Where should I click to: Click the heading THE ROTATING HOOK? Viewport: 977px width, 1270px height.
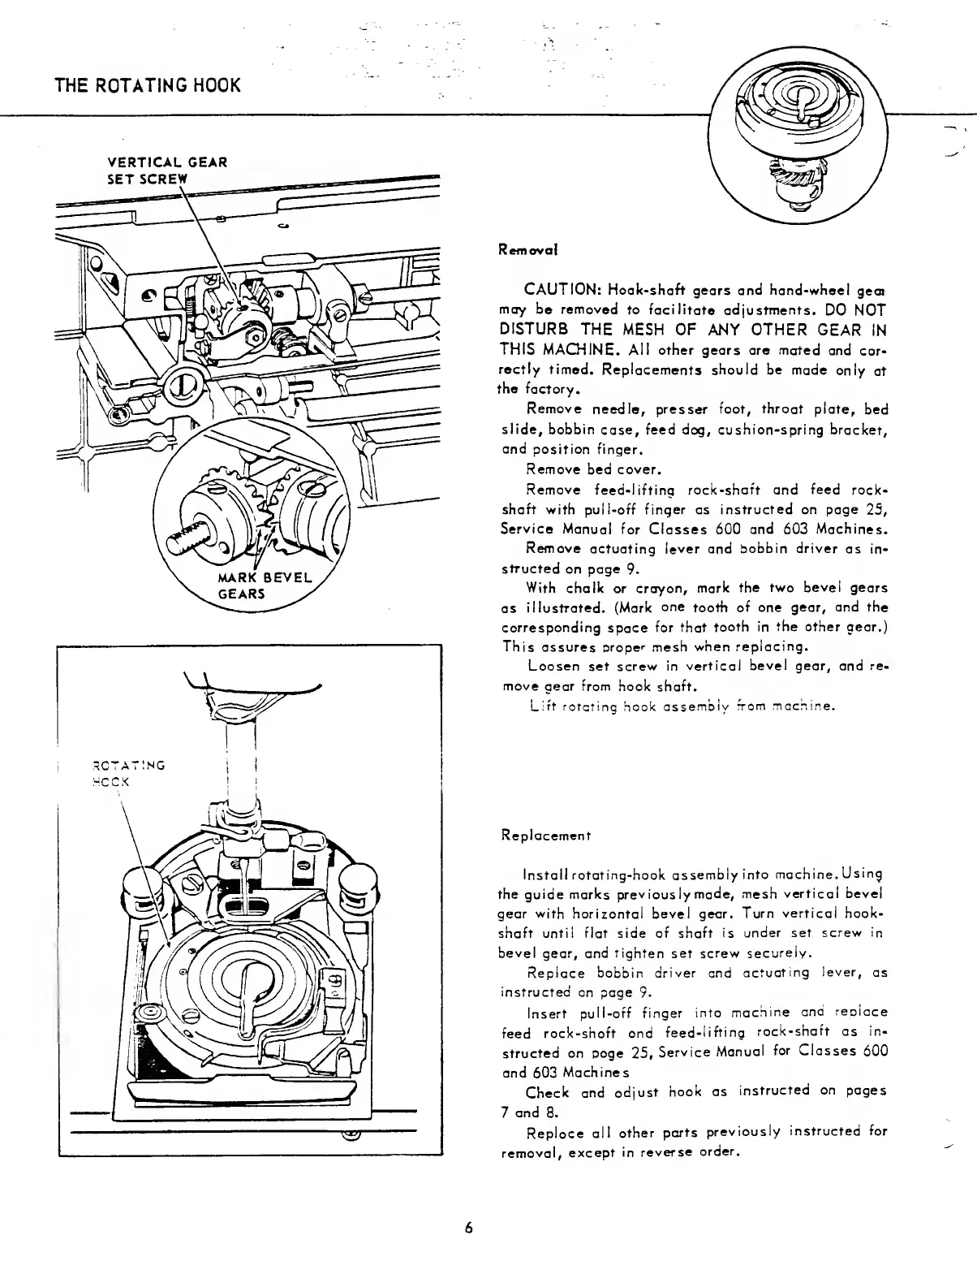pyautogui.click(x=148, y=85)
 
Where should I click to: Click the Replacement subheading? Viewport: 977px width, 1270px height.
pyautogui.click(x=545, y=835)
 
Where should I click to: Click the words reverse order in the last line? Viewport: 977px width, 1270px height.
pyautogui.click(x=703, y=1151)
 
